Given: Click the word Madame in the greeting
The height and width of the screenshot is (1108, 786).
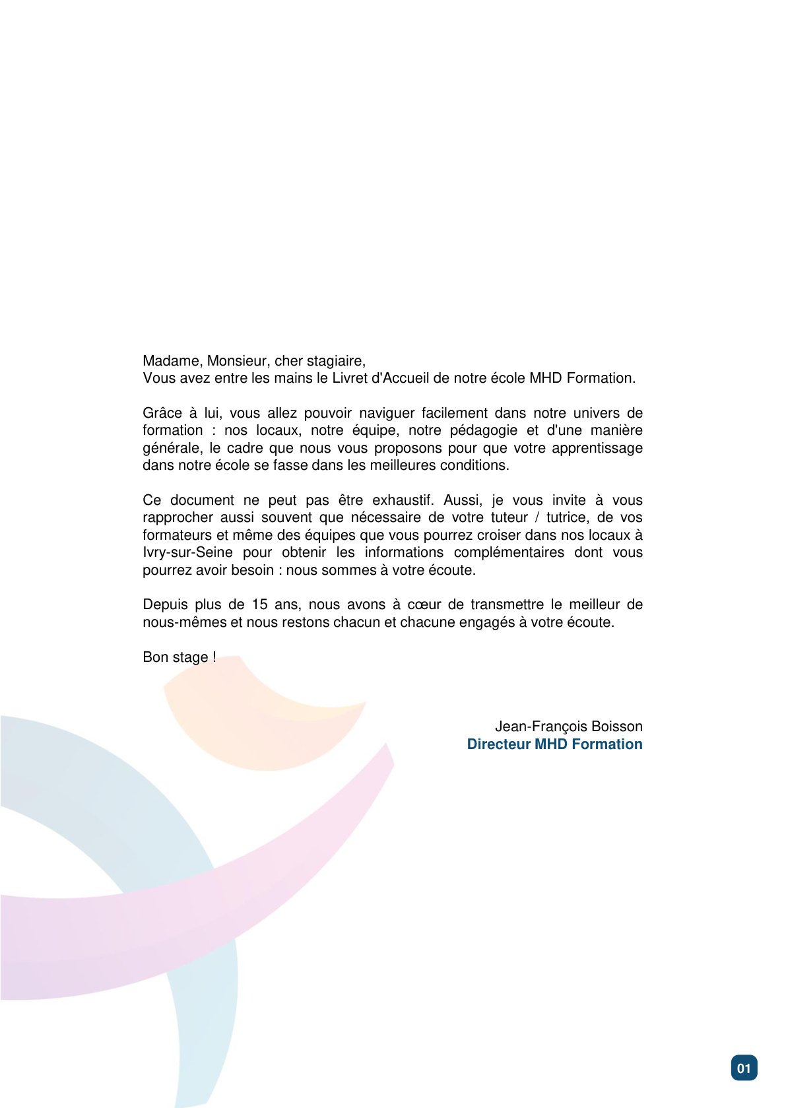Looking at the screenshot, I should [171, 361].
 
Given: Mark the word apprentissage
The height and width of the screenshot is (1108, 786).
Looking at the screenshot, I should [597, 448].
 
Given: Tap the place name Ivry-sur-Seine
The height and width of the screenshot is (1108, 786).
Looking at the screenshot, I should [187, 552].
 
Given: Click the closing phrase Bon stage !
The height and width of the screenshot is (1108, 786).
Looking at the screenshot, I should [179, 657].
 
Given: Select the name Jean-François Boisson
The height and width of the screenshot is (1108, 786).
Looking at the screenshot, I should [568, 727].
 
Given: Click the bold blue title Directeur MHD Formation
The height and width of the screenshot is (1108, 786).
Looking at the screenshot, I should [554, 744].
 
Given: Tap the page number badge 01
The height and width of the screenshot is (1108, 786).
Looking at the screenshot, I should [744, 1068].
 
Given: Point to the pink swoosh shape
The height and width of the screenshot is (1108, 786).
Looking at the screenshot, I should [198, 911].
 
